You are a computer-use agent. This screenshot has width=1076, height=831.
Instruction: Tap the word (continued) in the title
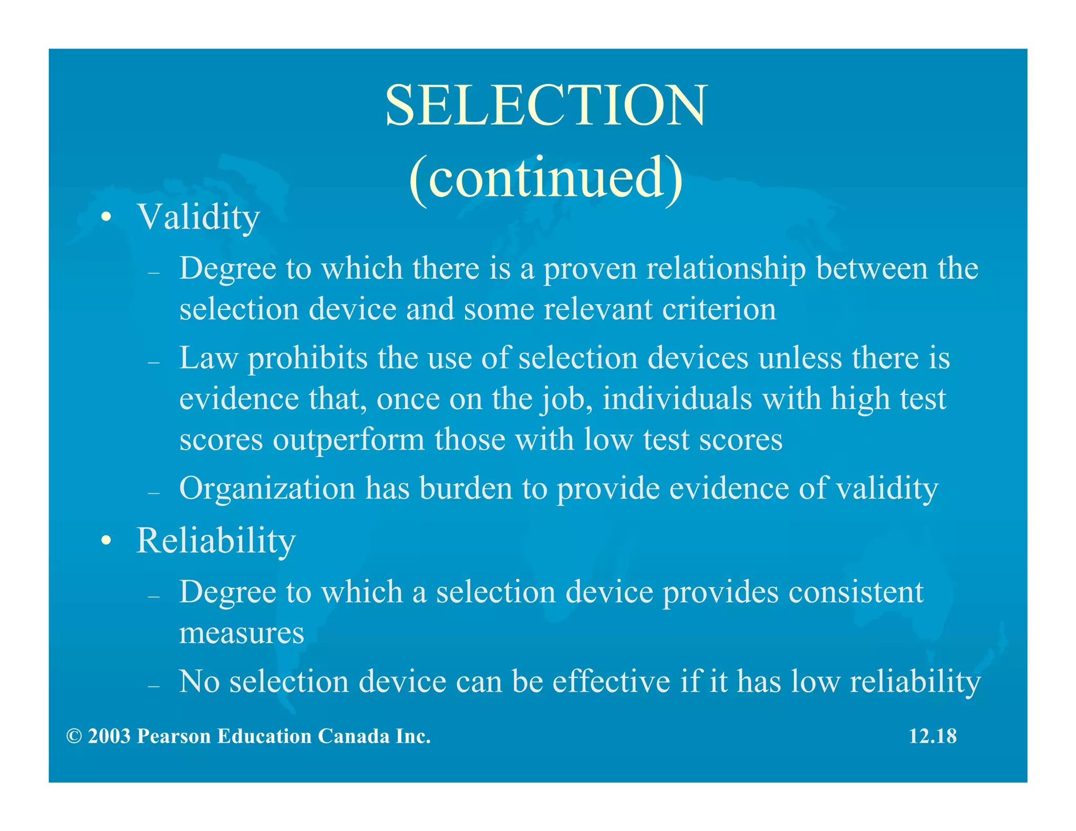546,178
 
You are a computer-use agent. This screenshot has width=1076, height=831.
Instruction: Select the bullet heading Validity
198,217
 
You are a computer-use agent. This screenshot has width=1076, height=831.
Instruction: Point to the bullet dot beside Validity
107,218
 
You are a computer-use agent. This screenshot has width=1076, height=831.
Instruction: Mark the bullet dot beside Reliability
107,541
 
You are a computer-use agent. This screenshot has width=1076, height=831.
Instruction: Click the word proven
590,269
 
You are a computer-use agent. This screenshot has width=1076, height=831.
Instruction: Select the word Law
209,358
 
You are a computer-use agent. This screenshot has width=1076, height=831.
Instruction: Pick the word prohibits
307,358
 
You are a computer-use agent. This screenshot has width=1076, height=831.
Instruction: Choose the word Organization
267,489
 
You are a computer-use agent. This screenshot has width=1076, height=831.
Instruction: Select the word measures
242,632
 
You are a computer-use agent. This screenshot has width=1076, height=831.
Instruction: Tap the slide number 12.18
933,736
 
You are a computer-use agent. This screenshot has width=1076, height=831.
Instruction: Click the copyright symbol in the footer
74,736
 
